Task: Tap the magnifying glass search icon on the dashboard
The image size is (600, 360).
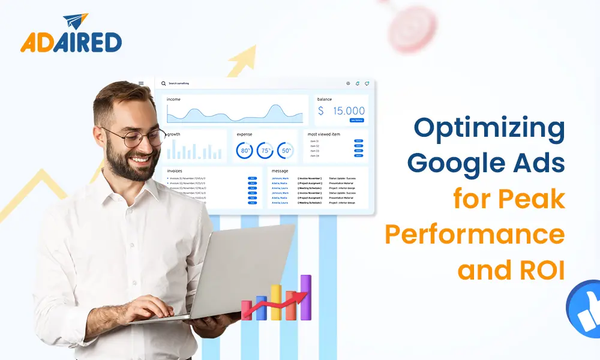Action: tap(163, 83)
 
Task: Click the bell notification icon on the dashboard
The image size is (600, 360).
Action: tap(358, 83)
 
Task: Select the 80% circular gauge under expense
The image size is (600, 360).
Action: tap(245, 151)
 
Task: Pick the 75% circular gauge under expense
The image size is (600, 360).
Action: tap(265, 151)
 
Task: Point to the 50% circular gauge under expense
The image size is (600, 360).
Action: tap(286, 151)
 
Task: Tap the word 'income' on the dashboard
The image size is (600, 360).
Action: tap(173, 99)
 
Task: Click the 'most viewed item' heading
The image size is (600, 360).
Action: tap(323, 134)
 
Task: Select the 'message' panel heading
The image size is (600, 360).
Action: tap(280, 171)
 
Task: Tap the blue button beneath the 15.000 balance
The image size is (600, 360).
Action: tap(356, 120)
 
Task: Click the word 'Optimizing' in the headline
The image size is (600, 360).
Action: tap(489, 129)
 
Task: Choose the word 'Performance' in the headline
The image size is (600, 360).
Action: tap(475, 235)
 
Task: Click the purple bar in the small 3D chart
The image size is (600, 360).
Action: tap(306, 297)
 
